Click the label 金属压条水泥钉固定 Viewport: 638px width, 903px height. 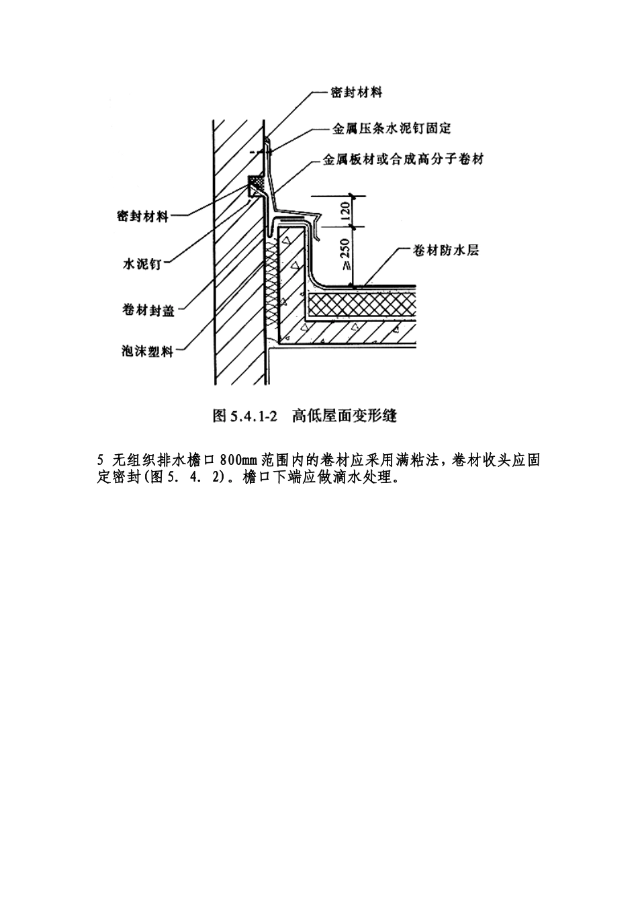pyautogui.click(x=391, y=129)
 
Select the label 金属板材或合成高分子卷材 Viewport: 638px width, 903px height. pyautogui.click(x=403, y=159)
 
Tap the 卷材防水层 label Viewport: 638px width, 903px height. pyautogui.click(x=446, y=251)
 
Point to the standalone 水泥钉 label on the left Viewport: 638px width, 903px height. pyautogui.click(x=142, y=264)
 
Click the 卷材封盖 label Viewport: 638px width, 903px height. pyautogui.click(x=148, y=310)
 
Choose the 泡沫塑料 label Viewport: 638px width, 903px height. pyautogui.click(x=148, y=351)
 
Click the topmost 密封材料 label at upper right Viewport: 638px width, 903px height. pyautogui.click(x=357, y=93)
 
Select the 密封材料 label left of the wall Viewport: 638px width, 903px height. pyautogui.click(x=142, y=216)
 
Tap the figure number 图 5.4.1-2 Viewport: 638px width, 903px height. pyautogui.click(x=245, y=415)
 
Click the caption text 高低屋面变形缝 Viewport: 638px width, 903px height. pyautogui.click(x=345, y=415)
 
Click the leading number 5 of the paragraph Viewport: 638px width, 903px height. pyautogui.click(x=101, y=460)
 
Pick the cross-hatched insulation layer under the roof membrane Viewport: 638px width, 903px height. pyautogui.click(x=361, y=305)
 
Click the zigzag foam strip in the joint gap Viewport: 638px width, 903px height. pyautogui.click(x=271, y=282)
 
